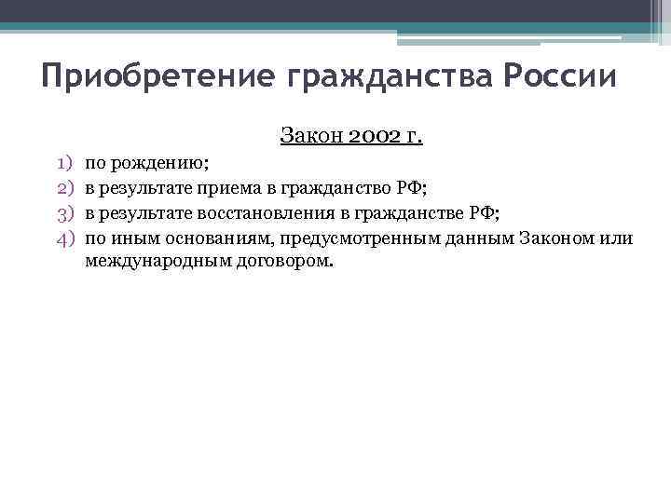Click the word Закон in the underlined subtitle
pyautogui.click(x=306, y=137)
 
